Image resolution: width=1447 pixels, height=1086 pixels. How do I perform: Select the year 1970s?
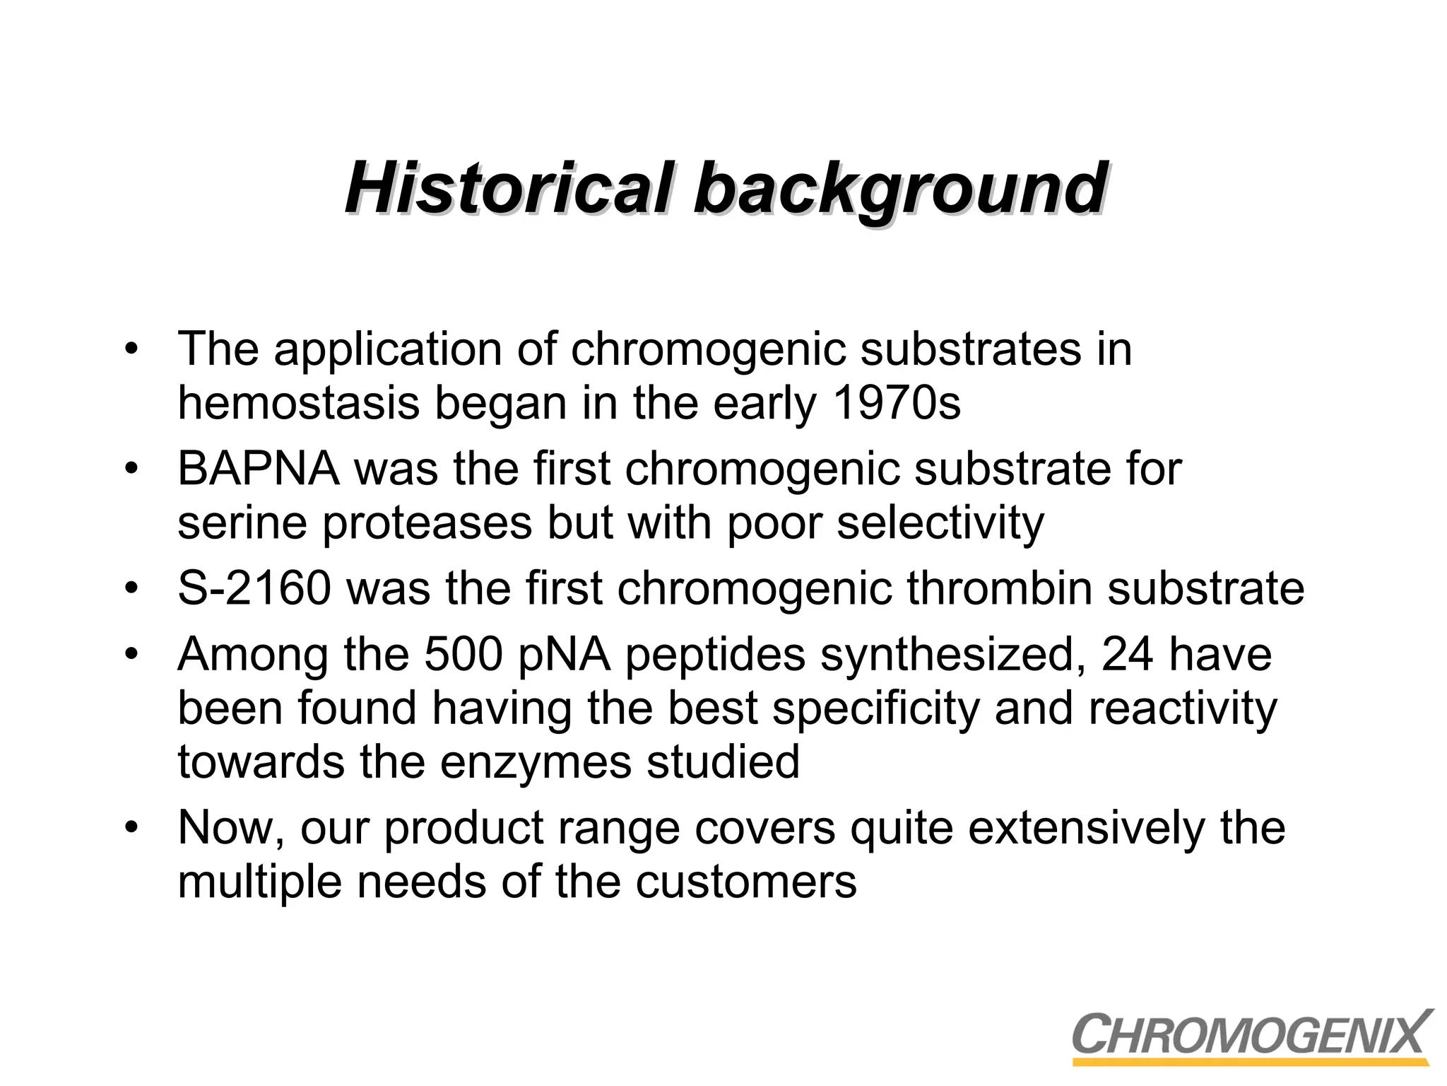tap(897, 403)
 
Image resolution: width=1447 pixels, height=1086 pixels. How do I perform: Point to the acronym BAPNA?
tap(258, 469)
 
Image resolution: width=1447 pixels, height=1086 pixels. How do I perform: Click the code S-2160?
tap(254, 588)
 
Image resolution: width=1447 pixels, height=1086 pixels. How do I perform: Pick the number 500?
tap(463, 654)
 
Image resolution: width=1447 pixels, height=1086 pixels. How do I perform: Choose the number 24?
tap(1127, 654)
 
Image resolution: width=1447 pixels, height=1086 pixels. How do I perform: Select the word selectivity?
tap(940, 524)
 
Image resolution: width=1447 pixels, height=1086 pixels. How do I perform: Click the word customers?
tap(746, 882)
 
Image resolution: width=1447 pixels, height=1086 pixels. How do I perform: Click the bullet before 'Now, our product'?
tap(131, 828)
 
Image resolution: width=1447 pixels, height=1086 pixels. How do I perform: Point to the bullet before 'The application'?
tap(131, 349)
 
